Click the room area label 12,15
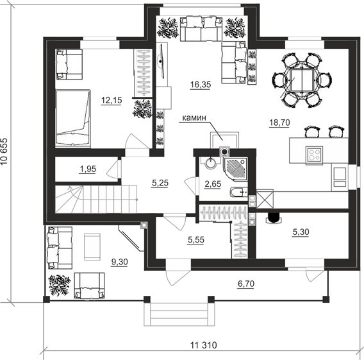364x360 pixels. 112,100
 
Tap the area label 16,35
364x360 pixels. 201,85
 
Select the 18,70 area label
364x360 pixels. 279,123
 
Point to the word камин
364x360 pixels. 194,118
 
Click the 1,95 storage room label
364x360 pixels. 88,169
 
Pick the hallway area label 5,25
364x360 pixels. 160,183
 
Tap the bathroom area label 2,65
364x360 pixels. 213,184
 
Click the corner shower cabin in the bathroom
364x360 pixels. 235,169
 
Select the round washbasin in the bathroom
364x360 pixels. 211,163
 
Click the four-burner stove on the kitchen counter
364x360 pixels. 314,155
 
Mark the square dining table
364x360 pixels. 302,80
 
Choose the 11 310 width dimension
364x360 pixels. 204,345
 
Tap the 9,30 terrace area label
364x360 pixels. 120,262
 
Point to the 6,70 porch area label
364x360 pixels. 246,284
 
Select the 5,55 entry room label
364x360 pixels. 196,239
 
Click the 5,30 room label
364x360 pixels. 301,232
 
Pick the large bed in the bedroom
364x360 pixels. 73,118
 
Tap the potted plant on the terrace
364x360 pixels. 59,285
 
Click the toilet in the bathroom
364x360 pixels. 238,193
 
